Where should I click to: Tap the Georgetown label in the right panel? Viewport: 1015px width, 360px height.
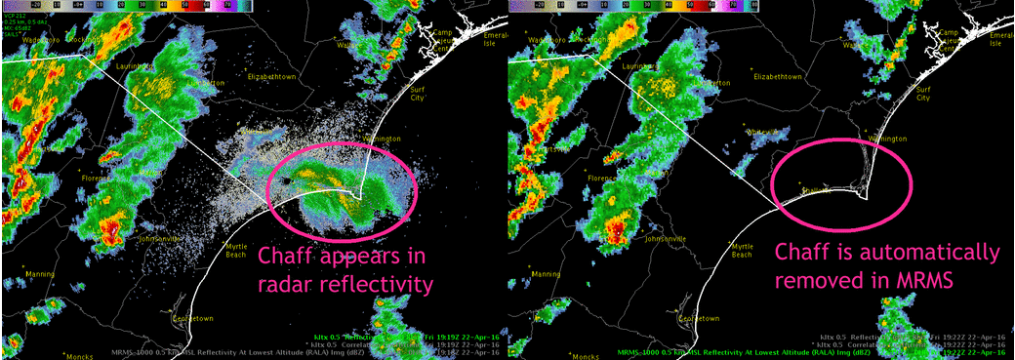(x=700, y=319)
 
